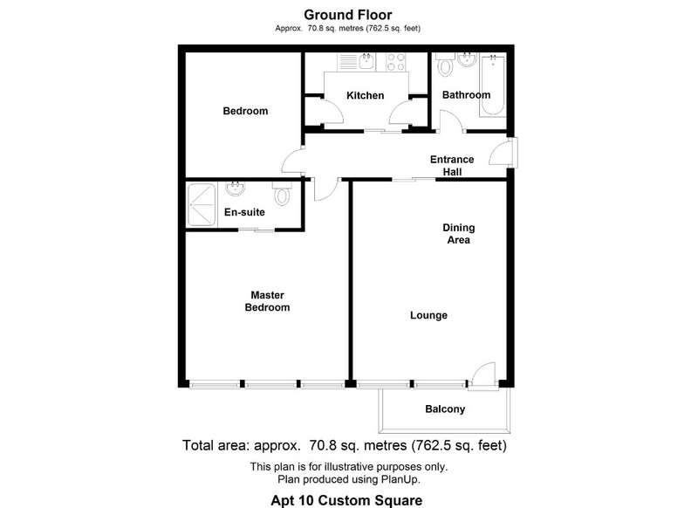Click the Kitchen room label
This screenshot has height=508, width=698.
coord(365,95)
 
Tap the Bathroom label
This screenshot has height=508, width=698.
coord(466,95)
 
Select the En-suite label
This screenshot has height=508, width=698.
coord(244,212)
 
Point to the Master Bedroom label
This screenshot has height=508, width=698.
coord(267,301)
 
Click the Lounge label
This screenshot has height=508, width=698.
coord(428,315)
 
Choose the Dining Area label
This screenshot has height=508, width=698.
coord(459,234)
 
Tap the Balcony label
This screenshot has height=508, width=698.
coord(445,409)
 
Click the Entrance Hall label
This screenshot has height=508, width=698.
coord(452,166)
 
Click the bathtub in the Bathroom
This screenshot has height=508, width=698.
coord(492,85)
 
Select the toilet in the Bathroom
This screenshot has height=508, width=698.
coord(445,65)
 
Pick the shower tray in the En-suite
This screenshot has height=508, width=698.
coord(202,204)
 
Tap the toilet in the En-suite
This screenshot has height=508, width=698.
coord(282,193)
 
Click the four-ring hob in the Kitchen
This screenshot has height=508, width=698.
coord(396,62)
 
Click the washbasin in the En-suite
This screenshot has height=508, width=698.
coord(235,189)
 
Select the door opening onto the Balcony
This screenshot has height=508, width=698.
coord(483,376)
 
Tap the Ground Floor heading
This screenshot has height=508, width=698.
coord(347,15)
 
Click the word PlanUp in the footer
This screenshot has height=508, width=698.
coord(400,479)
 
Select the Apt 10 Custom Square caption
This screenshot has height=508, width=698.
coord(346,500)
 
